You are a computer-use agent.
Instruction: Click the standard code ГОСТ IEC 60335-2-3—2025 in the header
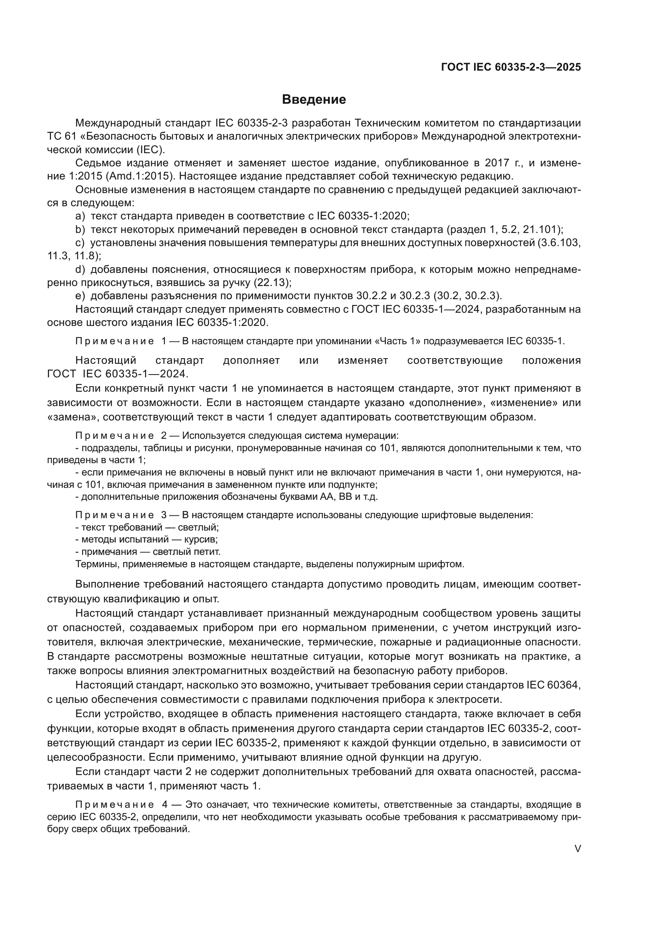tap(511, 67)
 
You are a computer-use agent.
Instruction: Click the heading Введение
tap(314, 100)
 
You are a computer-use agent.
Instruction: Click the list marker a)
tap(80, 216)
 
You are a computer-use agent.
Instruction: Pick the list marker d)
tap(80, 269)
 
